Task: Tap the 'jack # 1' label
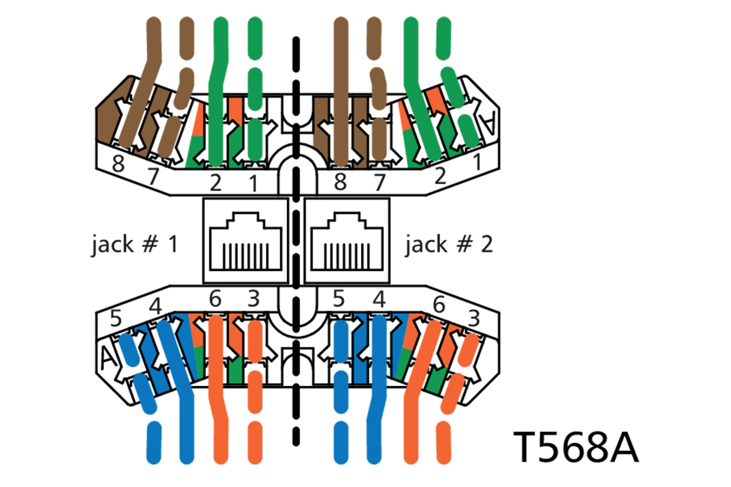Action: [x=134, y=244]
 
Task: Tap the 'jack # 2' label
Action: [x=449, y=244]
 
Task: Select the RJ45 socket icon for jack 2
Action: [x=347, y=241]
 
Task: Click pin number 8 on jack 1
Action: [x=119, y=164]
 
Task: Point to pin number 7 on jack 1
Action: [x=152, y=176]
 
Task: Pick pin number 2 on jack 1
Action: [x=215, y=183]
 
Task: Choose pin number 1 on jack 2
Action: [x=477, y=163]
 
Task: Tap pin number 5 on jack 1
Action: [x=116, y=318]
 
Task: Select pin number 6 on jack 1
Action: [x=215, y=299]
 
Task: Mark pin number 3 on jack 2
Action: [x=474, y=317]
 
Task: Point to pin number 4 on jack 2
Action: [x=379, y=299]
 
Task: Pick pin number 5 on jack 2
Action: [x=339, y=299]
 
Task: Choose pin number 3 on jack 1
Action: [x=254, y=299]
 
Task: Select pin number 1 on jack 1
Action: [x=254, y=183]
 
